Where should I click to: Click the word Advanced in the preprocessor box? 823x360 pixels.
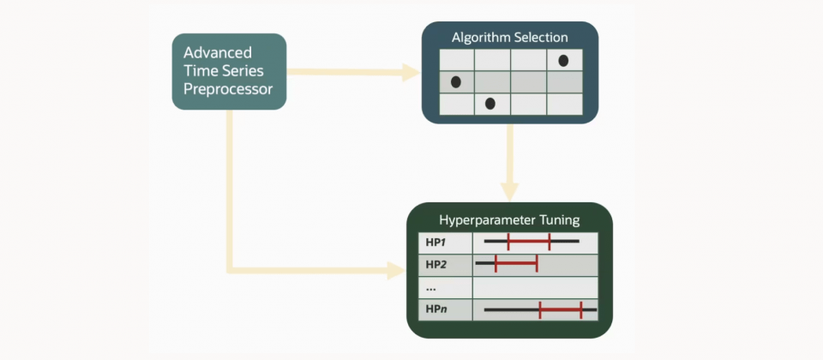(218, 53)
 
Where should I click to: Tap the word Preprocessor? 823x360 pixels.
(228, 89)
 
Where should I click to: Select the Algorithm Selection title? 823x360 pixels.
(509, 38)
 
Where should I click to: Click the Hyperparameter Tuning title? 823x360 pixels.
(509, 220)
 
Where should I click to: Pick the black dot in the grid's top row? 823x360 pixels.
(563, 60)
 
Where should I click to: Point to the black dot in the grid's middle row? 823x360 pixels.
(455, 82)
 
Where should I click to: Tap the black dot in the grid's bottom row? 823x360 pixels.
(490, 104)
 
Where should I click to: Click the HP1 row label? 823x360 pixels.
(436, 243)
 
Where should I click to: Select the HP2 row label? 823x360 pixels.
(436, 265)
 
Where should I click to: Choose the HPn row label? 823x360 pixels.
(436, 309)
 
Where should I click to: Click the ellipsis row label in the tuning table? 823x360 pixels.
(431, 290)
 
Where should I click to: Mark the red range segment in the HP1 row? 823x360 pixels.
(529, 242)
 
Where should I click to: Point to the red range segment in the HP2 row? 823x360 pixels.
(516, 263)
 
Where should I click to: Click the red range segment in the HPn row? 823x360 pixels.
(561, 310)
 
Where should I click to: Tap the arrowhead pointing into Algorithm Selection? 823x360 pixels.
(411, 72)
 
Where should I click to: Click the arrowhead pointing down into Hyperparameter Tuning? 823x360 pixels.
(509, 191)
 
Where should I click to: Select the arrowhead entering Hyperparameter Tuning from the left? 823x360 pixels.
(396, 270)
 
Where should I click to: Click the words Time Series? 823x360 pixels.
(224, 71)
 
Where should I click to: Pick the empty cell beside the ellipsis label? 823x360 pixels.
(535, 288)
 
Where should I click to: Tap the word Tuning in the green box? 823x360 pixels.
(560, 220)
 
